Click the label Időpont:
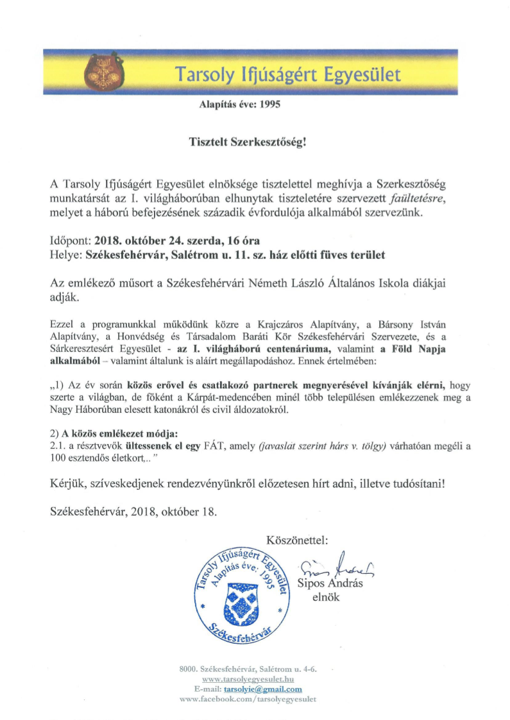70,242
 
